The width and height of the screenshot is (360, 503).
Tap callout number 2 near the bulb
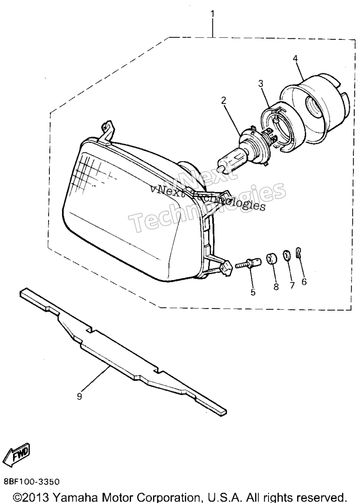[x=223, y=101]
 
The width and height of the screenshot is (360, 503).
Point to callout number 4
[x=295, y=59]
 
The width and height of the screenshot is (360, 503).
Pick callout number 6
[x=304, y=282]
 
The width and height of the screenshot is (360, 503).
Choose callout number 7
[x=292, y=285]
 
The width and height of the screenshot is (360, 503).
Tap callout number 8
[x=276, y=287]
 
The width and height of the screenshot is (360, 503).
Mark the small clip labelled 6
[x=298, y=253]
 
